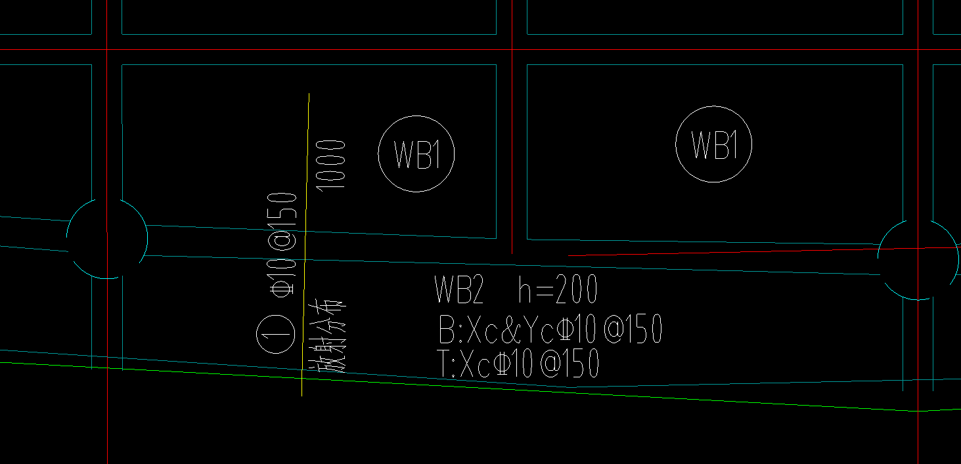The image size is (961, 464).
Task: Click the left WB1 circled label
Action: point(416,154)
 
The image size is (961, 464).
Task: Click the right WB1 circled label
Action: point(713,144)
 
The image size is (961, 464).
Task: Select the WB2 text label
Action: point(459,290)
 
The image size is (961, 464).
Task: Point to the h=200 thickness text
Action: point(558,289)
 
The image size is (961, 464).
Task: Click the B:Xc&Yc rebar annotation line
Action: point(550,329)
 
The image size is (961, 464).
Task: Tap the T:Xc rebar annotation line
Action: point(518,363)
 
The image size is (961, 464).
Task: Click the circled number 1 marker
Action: point(276,334)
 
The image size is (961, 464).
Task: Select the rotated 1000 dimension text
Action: point(330,165)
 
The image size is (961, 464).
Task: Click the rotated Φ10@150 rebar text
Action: point(282,244)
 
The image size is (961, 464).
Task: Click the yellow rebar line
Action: point(305,244)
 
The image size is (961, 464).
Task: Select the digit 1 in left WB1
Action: point(436,154)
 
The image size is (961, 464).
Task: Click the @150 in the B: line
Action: point(633,329)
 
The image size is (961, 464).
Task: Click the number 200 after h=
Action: point(576,289)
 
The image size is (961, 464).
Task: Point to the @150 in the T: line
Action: point(570,363)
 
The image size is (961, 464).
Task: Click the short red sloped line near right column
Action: point(764,251)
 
